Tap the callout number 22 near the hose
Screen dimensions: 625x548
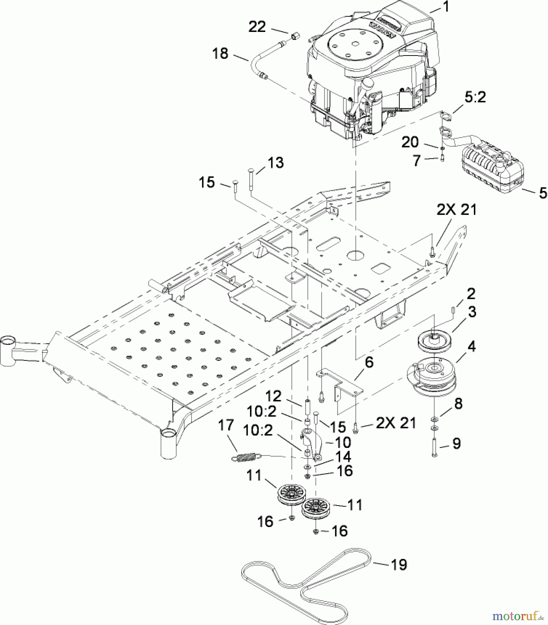pos(257,27)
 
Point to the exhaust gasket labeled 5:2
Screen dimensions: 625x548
pos(447,116)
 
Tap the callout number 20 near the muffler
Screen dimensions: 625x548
pos(410,142)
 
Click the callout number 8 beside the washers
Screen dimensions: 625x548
pos(459,404)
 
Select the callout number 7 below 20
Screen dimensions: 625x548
pos(417,160)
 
